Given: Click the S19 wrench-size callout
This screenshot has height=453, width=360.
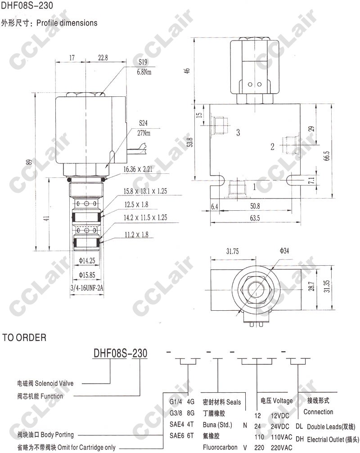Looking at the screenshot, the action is [143, 62].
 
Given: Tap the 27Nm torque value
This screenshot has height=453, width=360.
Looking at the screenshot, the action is [144, 133].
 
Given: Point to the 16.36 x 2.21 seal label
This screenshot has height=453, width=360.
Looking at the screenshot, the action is [138, 169].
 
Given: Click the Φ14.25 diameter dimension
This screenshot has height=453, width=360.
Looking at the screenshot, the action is [87, 261].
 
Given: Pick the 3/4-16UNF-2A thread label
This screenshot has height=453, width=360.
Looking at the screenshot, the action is [87, 288].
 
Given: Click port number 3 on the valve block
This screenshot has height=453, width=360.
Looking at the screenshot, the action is [238, 132].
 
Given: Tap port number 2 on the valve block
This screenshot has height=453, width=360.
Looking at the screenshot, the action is [272, 147].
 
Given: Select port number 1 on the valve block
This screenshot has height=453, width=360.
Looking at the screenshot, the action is [254, 187].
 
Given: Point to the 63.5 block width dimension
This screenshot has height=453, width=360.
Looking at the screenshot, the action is [255, 218].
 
